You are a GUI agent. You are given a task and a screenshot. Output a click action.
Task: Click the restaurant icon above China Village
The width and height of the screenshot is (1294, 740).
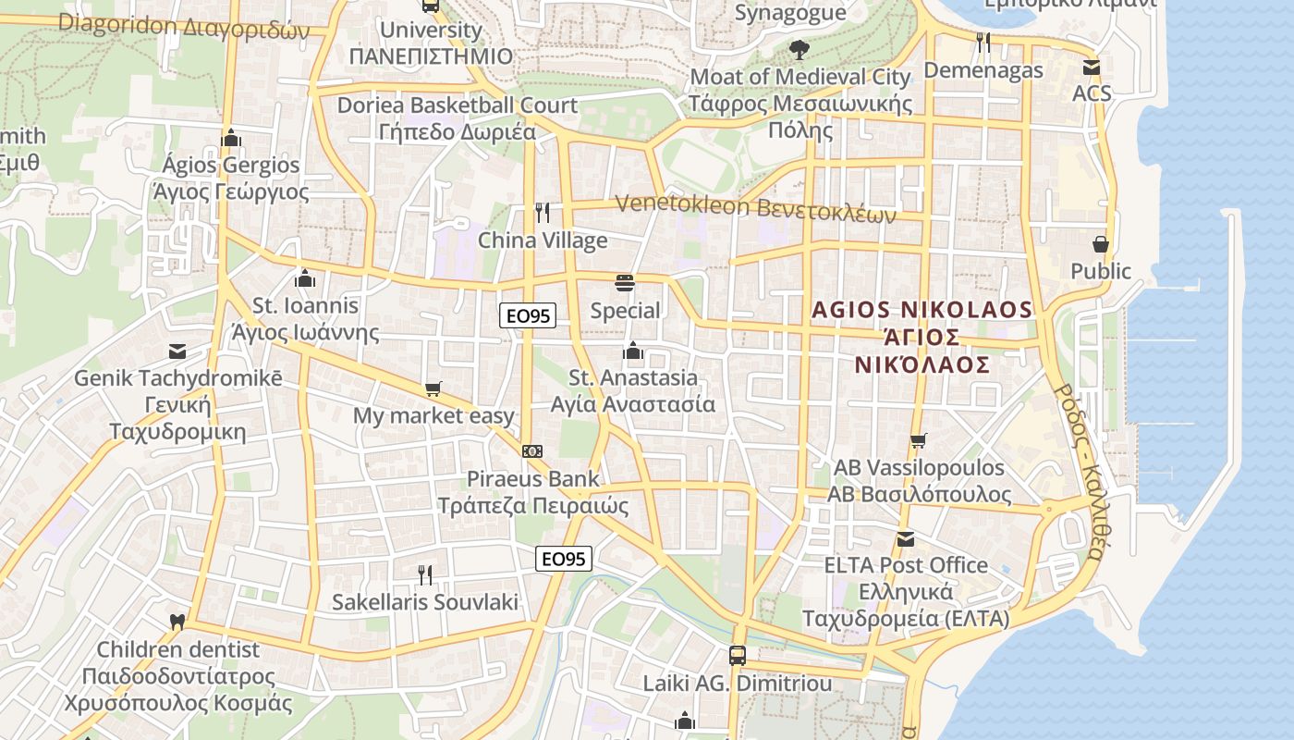pyautogui.click(x=543, y=213)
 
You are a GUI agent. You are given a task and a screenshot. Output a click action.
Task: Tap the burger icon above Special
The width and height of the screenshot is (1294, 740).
pyautogui.click(x=625, y=283)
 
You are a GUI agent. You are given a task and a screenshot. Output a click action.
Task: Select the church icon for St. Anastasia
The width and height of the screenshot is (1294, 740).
pyautogui.click(x=633, y=351)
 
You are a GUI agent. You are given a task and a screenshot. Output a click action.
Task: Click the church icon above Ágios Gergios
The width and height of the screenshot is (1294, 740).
pyautogui.click(x=231, y=138)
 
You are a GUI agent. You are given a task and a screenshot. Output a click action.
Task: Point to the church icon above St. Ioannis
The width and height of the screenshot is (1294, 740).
pyautogui.click(x=305, y=277)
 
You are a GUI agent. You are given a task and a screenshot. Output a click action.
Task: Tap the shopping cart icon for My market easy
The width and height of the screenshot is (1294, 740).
pyautogui.click(x=433, y=389)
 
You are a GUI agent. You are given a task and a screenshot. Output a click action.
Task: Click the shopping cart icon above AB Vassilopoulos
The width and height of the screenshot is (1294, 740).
pyautogui.click(x=918, y=440)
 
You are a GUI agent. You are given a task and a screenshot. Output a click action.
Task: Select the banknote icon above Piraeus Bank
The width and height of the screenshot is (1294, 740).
pyautogui.click(x=532, y=451)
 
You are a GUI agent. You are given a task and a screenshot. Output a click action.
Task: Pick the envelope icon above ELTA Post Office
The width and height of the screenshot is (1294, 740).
pyautogui.click(x=906, y=538)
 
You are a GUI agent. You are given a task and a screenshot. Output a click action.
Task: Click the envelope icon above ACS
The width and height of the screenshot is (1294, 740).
pyautogui.click(x=1092, y=67)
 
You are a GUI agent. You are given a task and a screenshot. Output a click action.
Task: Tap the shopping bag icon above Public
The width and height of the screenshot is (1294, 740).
pyautogui.click(x=1101, y=244)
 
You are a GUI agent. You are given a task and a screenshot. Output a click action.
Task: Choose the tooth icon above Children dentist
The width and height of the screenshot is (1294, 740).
pyautogui.click(x=178, y=623)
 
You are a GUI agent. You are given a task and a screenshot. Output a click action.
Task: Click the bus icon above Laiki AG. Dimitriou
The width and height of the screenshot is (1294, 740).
pyautogui.click(x=738, y=656)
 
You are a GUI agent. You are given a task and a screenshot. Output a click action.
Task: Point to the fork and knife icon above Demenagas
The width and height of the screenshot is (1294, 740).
pyautogui.click(x=983, y=43)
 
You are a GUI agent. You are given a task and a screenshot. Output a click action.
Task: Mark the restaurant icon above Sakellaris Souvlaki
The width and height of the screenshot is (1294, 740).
pyautogui.click(x=425, y=575)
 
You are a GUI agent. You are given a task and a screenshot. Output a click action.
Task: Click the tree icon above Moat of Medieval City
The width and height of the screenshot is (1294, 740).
pyautogui.click(x=800, y=49)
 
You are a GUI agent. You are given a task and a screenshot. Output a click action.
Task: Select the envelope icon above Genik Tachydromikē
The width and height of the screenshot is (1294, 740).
pyautogui.click(x=177, y=351)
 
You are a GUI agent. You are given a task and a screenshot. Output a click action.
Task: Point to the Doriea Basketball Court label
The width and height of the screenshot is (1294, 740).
pyautogui.click(x=457, y=105)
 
